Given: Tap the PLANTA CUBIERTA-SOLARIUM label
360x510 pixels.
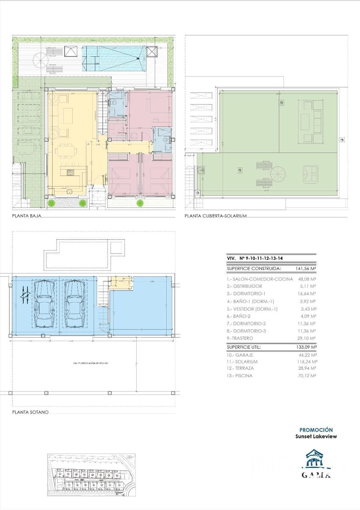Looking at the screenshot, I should (215, 216).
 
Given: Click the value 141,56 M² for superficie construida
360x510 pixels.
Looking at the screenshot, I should (305, 269).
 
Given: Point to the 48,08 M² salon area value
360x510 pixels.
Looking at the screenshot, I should (307, 279).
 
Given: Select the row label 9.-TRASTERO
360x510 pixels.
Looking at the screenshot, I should (240, 338).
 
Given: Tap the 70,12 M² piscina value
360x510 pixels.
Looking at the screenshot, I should (307, 376).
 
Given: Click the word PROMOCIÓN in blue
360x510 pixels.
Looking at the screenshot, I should (316, 430).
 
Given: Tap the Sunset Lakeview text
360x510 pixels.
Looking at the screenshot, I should (316, 436).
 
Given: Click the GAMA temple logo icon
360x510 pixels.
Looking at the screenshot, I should (316, 461).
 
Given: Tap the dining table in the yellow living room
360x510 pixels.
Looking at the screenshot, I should (67, 150).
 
